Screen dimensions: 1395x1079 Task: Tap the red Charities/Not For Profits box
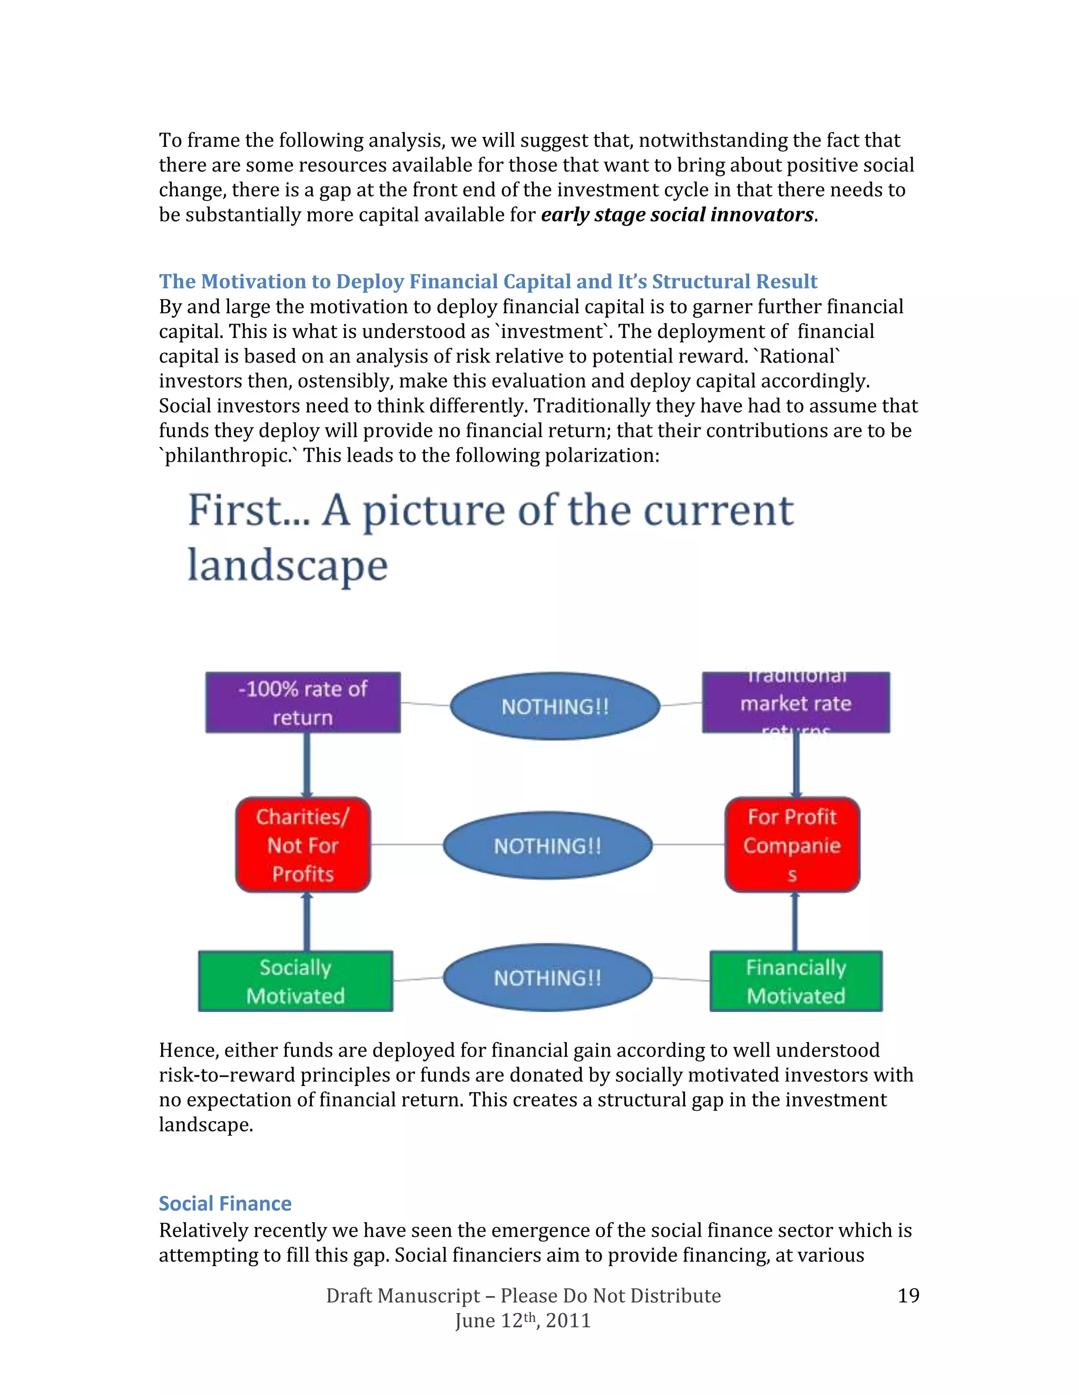[303, 844]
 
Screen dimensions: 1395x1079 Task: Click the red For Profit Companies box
[792, 844]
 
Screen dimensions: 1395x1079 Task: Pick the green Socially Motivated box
[296, 981]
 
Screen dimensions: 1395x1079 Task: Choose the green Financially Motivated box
[796, 981]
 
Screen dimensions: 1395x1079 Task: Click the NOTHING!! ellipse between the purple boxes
[555, 706]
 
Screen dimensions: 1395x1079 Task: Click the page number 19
[908, 1296]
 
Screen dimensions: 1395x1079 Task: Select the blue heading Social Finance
[225, 1203]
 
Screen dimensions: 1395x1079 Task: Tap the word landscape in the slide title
[288, 566]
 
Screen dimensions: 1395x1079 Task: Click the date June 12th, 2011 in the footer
[523, 1320]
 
